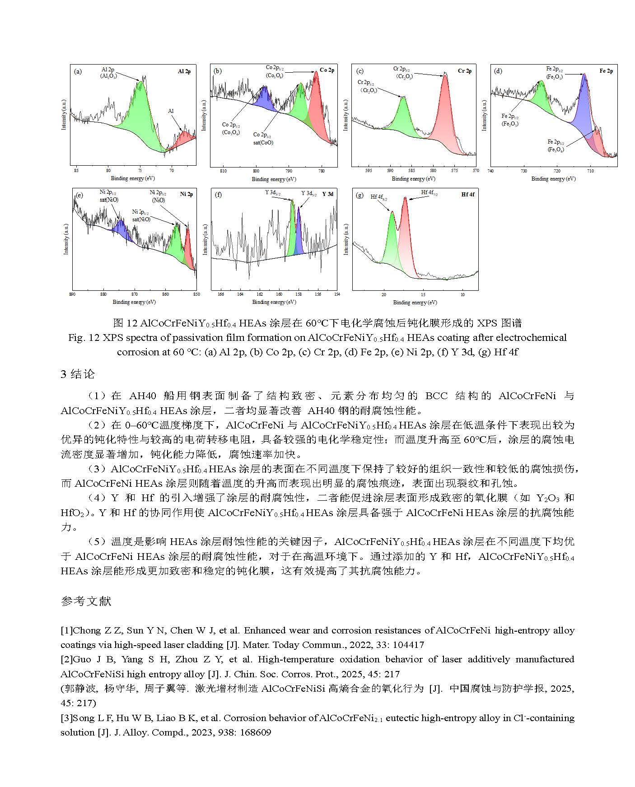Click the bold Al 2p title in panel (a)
[184, 71]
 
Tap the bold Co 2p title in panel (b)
[327, 70]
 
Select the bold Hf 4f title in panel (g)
[467, 195]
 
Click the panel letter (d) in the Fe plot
[498, 71]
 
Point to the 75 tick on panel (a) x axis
[140, 171]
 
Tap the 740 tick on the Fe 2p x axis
[491, 171]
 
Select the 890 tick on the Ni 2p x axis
[73, 294]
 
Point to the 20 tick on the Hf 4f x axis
[384, 294]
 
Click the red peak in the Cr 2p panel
[444, 113]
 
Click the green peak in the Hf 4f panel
[391, 239]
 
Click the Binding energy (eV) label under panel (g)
[415, 303]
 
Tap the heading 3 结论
[78, 374]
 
